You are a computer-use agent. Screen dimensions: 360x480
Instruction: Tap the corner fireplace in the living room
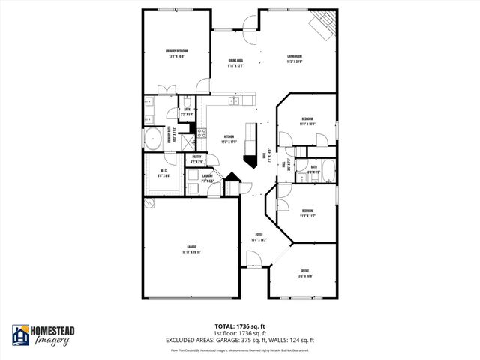coord(323,25)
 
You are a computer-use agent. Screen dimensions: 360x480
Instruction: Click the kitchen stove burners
coord(202,135)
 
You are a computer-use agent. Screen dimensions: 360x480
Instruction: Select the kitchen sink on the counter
coord(235,100)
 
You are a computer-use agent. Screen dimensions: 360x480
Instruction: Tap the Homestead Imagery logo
coord(41,335)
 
